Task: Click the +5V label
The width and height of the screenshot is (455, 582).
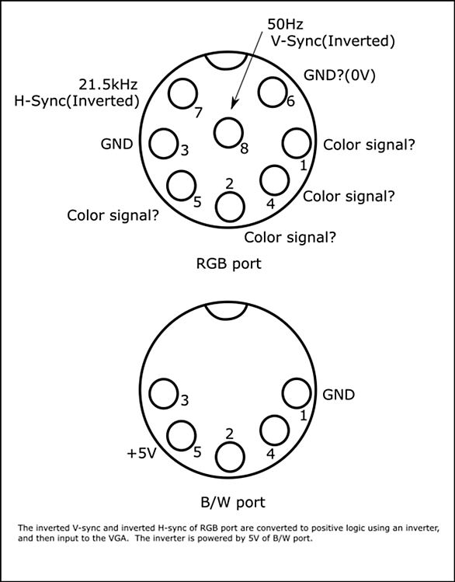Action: (x=141, y=454)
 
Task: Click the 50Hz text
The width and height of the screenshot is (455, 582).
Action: (x=285, y=25)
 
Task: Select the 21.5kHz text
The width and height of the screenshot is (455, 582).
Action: (x=108, y=85)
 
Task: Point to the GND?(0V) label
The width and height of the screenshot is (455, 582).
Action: (x=339, y=75)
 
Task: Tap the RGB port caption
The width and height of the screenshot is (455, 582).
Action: (x=228, y=263)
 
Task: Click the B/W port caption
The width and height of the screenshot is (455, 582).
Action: (x=233, y=502)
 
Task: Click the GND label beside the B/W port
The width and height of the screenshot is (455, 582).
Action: (x=339, y=395)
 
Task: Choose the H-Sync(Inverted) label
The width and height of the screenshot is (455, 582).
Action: (x=77, y=101)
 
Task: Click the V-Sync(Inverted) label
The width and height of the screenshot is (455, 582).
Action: (x=333, y=41)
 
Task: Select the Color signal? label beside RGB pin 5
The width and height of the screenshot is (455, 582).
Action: (x=113, y=215)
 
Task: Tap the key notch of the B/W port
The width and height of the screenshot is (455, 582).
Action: (x=227, y=319)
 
